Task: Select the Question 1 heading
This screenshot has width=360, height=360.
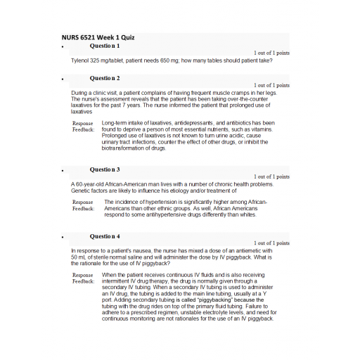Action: tap(105, 46)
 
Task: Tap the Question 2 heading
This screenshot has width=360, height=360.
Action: tap(105, 78)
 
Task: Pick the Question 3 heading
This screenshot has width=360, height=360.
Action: tap(105, 169)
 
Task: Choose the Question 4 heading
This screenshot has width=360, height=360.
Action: tap(105, 236)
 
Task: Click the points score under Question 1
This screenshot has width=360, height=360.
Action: tap(271, 53)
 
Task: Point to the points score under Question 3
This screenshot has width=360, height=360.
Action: tap(271, 176)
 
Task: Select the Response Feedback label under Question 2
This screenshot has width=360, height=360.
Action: tap(82, 127)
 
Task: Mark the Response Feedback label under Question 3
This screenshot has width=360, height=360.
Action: tap(82, 205)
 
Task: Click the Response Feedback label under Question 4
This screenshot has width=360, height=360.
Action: tap(82, 278)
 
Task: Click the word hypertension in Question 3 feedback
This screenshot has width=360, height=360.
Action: tap(160, 202)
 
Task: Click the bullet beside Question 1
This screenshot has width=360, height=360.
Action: tap(63, 47)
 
